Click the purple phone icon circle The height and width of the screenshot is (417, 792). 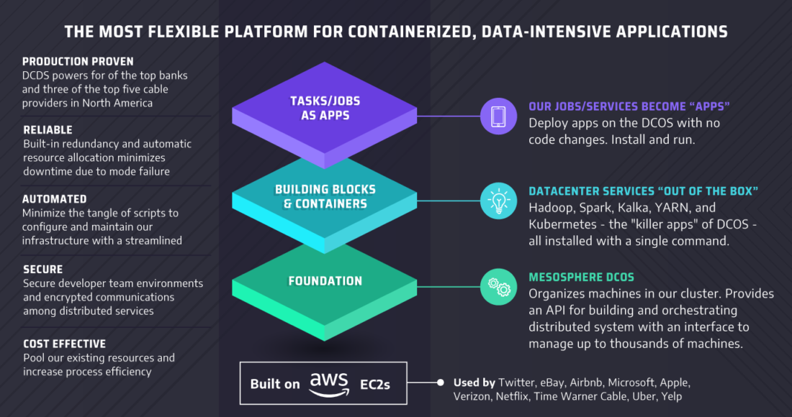(x=498, y=116)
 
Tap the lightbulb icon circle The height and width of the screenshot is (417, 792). (x=498, y=201)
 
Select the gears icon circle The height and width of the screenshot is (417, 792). (x=498, y=287)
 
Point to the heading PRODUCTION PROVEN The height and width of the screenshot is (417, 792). (x=78, y=62)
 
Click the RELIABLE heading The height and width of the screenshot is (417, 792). (x=48, y=130)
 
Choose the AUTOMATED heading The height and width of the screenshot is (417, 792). (x=55, y=199)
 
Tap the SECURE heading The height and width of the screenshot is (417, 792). (x=43, y=270)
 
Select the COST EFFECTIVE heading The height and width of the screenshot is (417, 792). (x=65, y=344)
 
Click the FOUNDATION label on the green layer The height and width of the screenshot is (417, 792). (x=325, y=281)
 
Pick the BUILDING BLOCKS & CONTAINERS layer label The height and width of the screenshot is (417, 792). (x=325, y=197)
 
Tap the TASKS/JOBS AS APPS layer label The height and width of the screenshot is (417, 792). (x=325, y=108)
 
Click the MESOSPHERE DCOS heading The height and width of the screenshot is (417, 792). (x=581, y=277)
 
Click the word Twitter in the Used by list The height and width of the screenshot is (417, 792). (x=517, y=382)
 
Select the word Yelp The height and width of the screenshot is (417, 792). (x=672, y=396)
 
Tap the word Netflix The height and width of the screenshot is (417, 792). (x=512, y=396)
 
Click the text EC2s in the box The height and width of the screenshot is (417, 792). (x=375, y=385)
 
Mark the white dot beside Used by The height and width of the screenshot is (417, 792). (x=441, y=382)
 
